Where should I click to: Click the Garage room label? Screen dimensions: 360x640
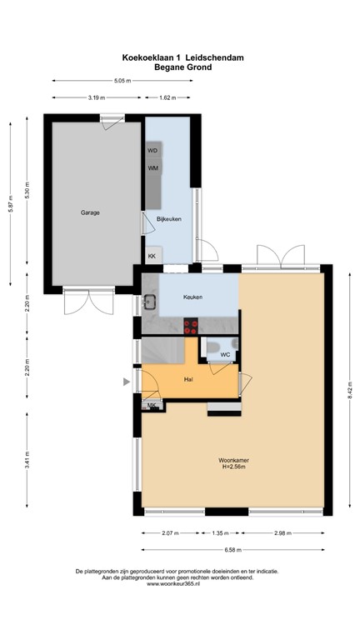[x=90, y=212]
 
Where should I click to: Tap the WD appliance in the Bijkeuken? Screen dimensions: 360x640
[x=154, y=150]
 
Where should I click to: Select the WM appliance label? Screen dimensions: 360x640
[x=153, y=167]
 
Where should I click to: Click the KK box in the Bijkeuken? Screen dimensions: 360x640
[x=153, y=256]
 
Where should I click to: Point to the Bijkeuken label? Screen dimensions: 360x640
[x=169, y=219]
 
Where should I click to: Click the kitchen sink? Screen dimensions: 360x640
[x=150, y=301]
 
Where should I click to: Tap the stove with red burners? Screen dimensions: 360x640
[x=191, y=326]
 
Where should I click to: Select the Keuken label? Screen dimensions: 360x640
[x=192, y=297]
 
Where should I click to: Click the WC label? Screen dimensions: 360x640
[x=225, y=355]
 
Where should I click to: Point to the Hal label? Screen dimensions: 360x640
[x=188, y=379]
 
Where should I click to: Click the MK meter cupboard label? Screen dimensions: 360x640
[x=152, y=405]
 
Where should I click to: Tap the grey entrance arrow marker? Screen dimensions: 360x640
[x=127, y=382]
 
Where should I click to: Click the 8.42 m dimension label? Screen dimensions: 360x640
[x=350, y=391]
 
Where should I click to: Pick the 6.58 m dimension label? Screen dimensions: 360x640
[x=233, y=550]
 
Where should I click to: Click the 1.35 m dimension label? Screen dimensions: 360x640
[x=220, y=533]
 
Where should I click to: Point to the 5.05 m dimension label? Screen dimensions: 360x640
[x=122, y=81]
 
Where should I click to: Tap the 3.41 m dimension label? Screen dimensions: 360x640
[x=27, y=460]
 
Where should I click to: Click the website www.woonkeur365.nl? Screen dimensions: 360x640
[x=173, y=584]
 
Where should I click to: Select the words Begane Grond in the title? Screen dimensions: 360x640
[x=182, y=67]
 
